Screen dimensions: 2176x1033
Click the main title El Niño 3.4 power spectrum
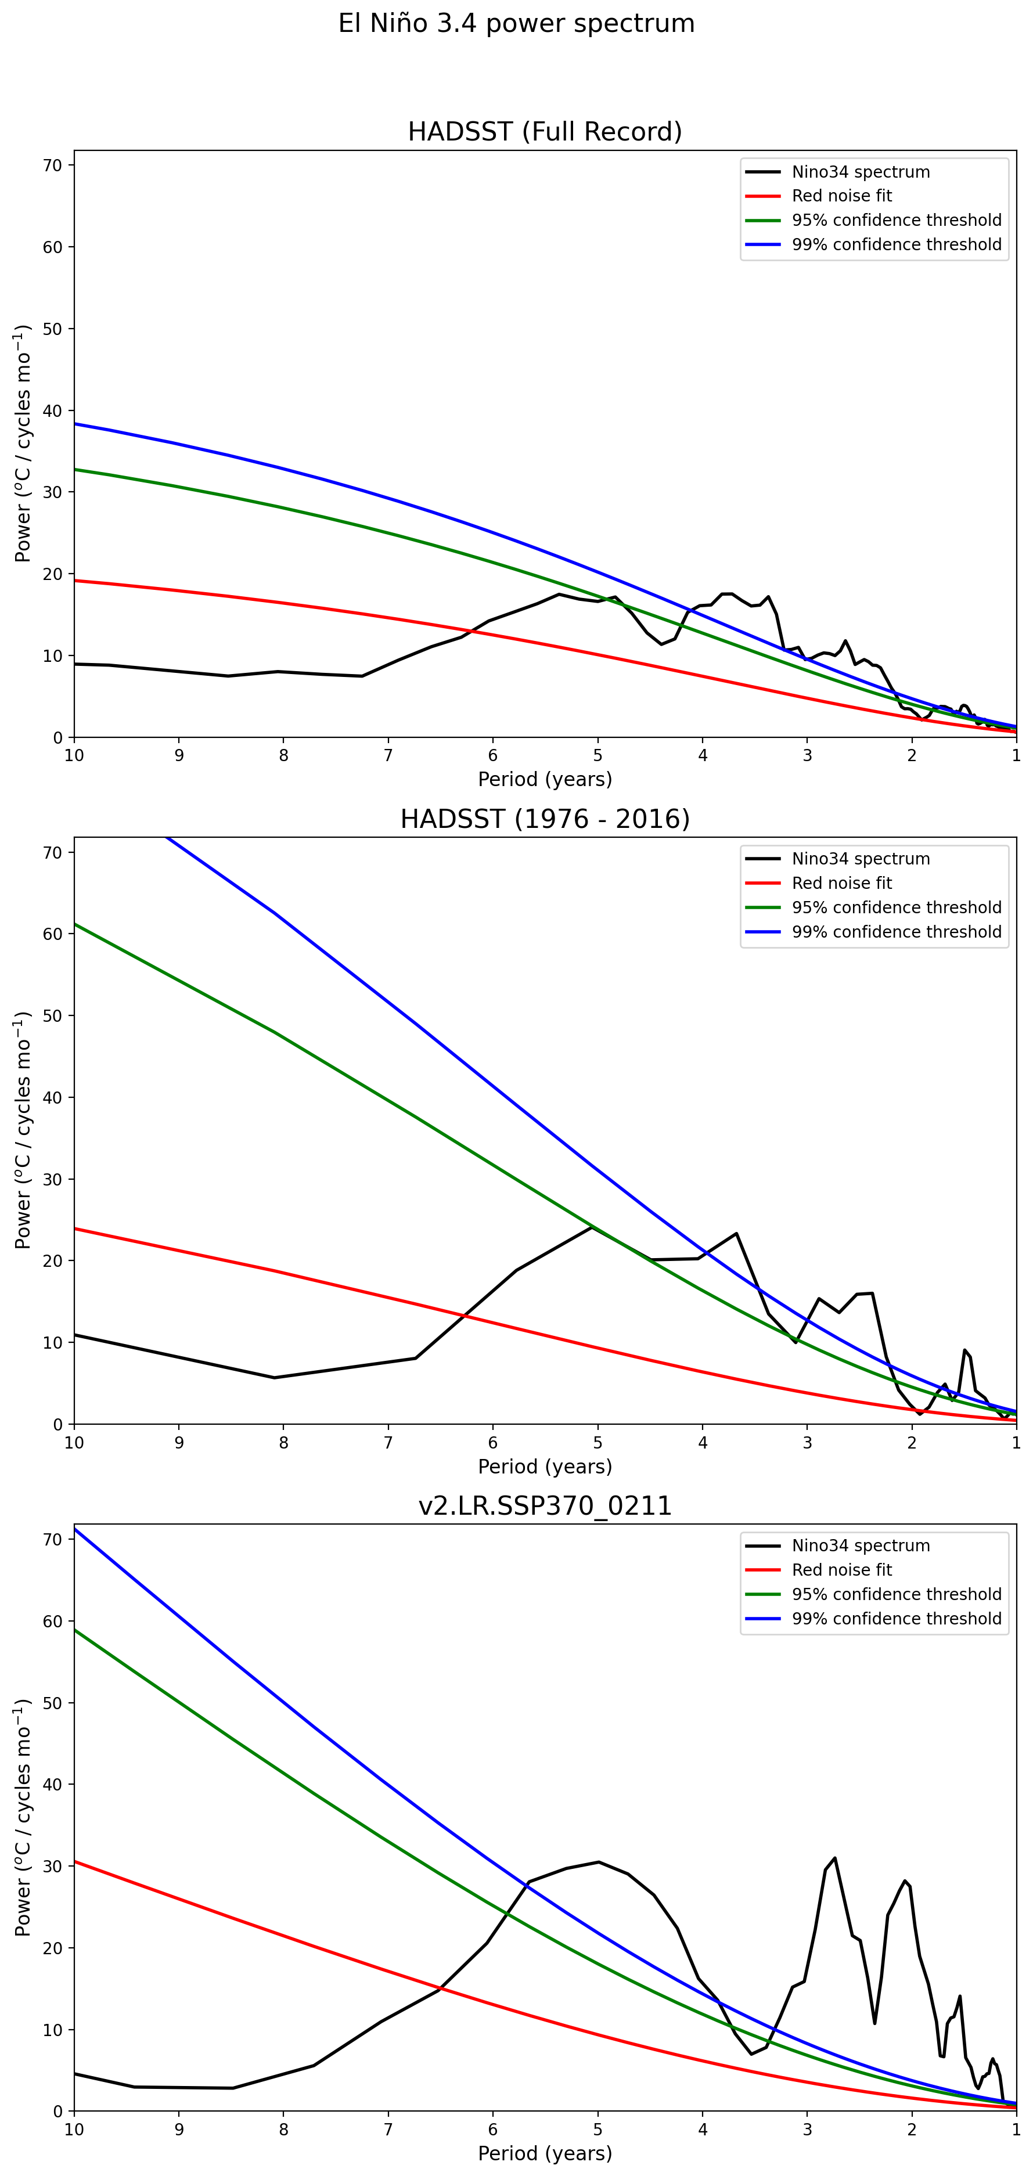(x=516, y=24)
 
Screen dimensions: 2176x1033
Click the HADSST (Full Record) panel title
(x=545, y=132)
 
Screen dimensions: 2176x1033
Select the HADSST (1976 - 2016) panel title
(x=545, y=819)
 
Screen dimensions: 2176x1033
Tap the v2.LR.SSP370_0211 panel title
(x=545, y=1505)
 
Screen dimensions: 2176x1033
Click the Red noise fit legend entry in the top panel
(x=841, y=196)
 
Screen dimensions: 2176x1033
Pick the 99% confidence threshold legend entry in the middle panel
(x=896, y=932)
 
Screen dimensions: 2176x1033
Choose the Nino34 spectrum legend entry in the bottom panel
(x=860, y=1546)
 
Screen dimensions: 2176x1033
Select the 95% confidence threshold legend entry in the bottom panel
(x=896, y=1594)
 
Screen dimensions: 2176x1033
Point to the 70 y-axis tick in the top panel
(x=52, y=165)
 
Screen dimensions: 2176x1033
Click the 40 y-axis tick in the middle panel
(x=52, y=1097)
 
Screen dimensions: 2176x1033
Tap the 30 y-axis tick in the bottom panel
(x=52, y=1866)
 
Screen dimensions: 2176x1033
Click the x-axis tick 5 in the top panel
(x=598, y=755)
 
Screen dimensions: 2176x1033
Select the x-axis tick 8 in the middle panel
(x=284, y=1442)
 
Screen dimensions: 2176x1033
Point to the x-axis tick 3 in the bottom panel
(x=808, y=2129)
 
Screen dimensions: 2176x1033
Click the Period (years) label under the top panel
(x=545, y=779)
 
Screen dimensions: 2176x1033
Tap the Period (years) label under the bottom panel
(x=545, y=2153)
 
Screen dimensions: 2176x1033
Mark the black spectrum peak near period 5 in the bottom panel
(x=598, y=1862)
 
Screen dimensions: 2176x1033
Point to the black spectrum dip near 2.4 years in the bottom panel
(x=874, y=2023)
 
